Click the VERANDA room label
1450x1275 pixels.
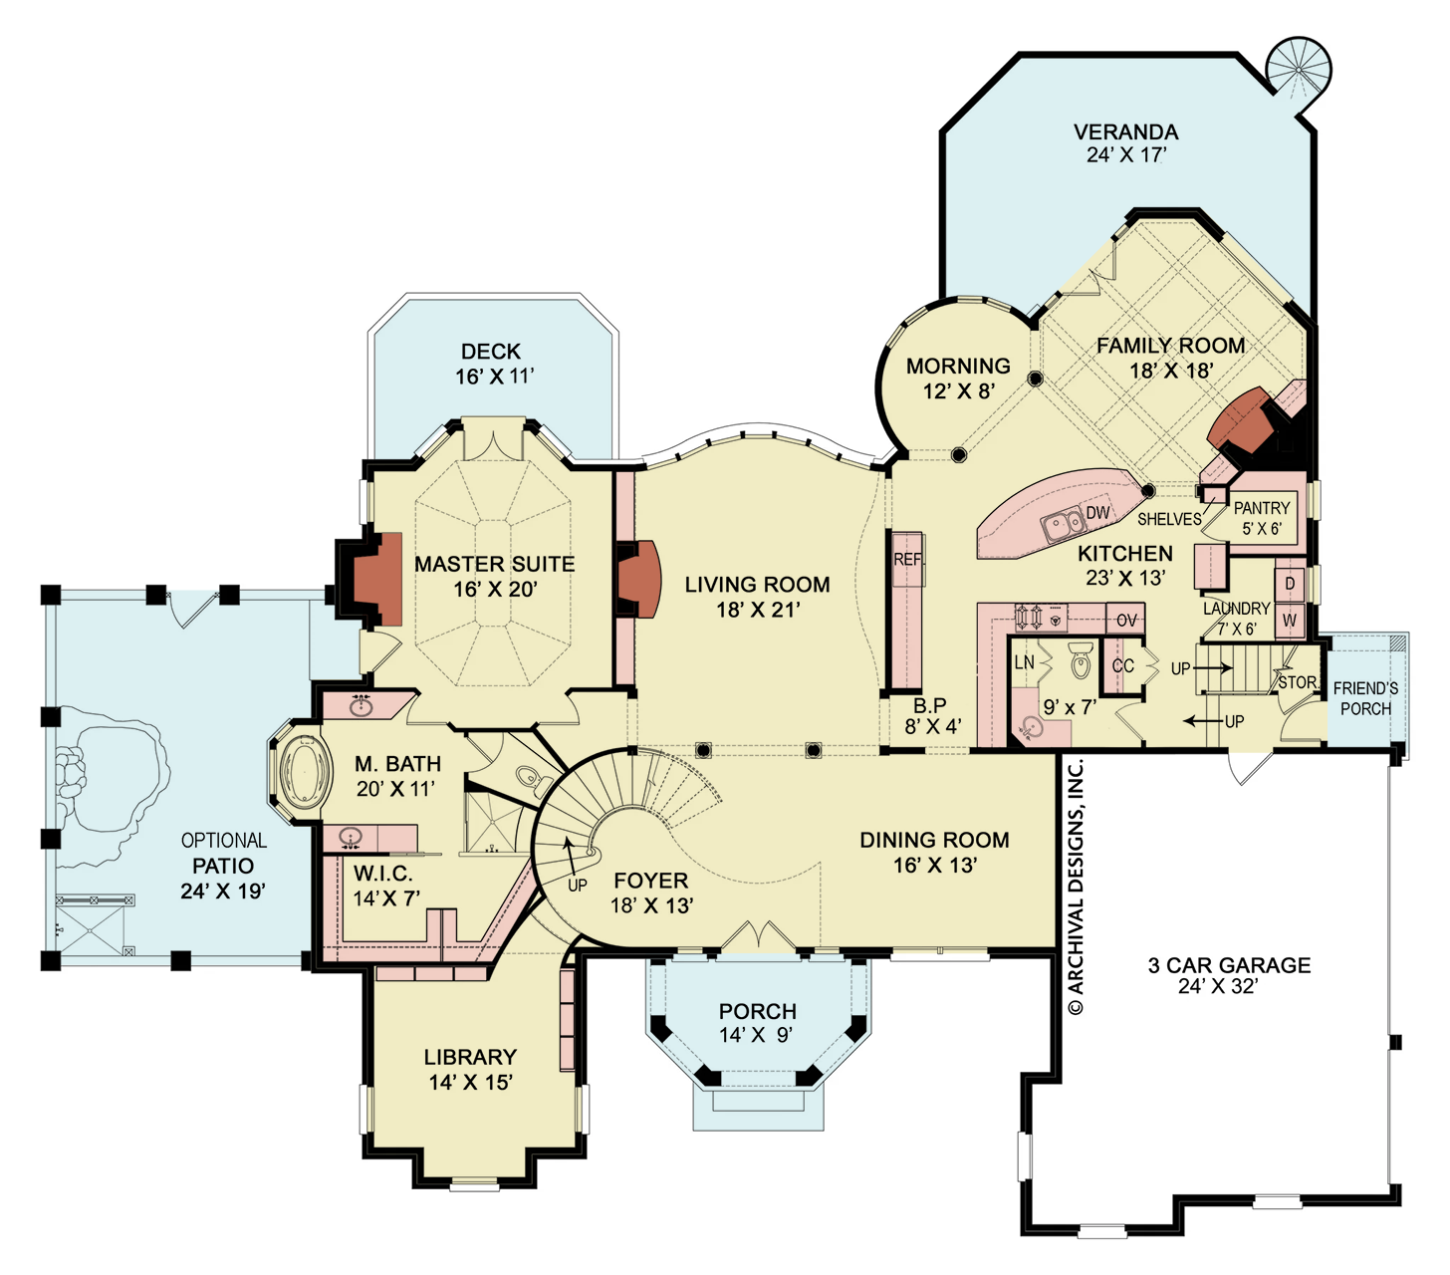click(x=1125, y=132)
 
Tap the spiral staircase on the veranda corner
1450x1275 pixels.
click(x=1298, y=69)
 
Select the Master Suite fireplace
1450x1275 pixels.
click(x=375, y=581)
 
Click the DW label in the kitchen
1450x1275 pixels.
click(x=1097, y=513)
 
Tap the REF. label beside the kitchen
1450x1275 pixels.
click(x=908, y=560)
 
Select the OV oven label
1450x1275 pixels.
click(x=1126, y=621)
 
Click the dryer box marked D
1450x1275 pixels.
click(x=1290, y=584)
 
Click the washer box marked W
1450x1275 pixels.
click(x=1290, y=621)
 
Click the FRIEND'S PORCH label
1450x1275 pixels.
click(x=1365, y=698)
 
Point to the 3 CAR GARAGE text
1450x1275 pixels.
click(x=1229, y=965)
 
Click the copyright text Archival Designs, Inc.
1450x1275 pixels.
click(x=1076, y=887)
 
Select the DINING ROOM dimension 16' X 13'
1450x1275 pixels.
click(x=934, y=866)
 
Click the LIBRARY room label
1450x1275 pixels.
click(x=470, y=1057)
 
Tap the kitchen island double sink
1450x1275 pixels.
click(x=1063, y=522)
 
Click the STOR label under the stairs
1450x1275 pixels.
click(x=1297, y=682)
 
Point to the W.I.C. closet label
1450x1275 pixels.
click(x=382, y=874)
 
